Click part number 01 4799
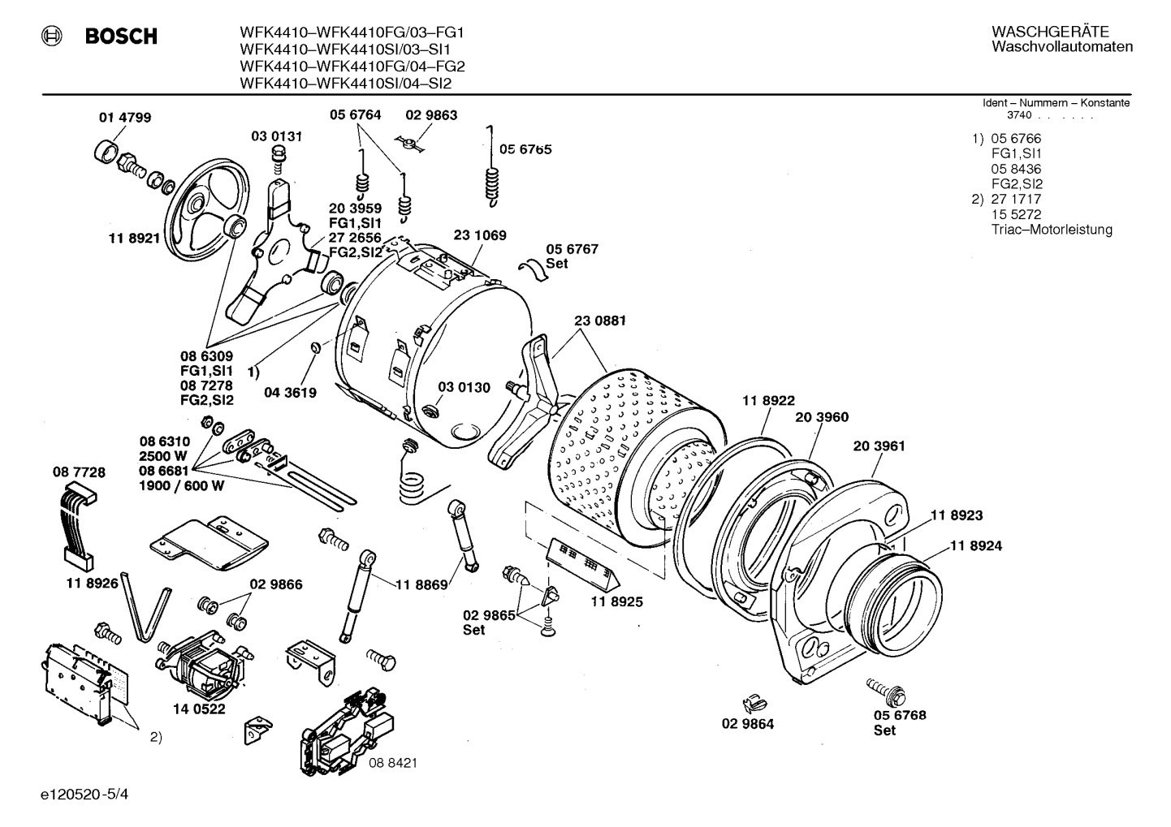[124, 117]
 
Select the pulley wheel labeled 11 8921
[203, 203]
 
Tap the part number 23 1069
[479, 235]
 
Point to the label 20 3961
[879, 446]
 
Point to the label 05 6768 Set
[899, 722]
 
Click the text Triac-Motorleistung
[1051, 230]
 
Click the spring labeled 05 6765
[490, 170]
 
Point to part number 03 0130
[464, 387]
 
